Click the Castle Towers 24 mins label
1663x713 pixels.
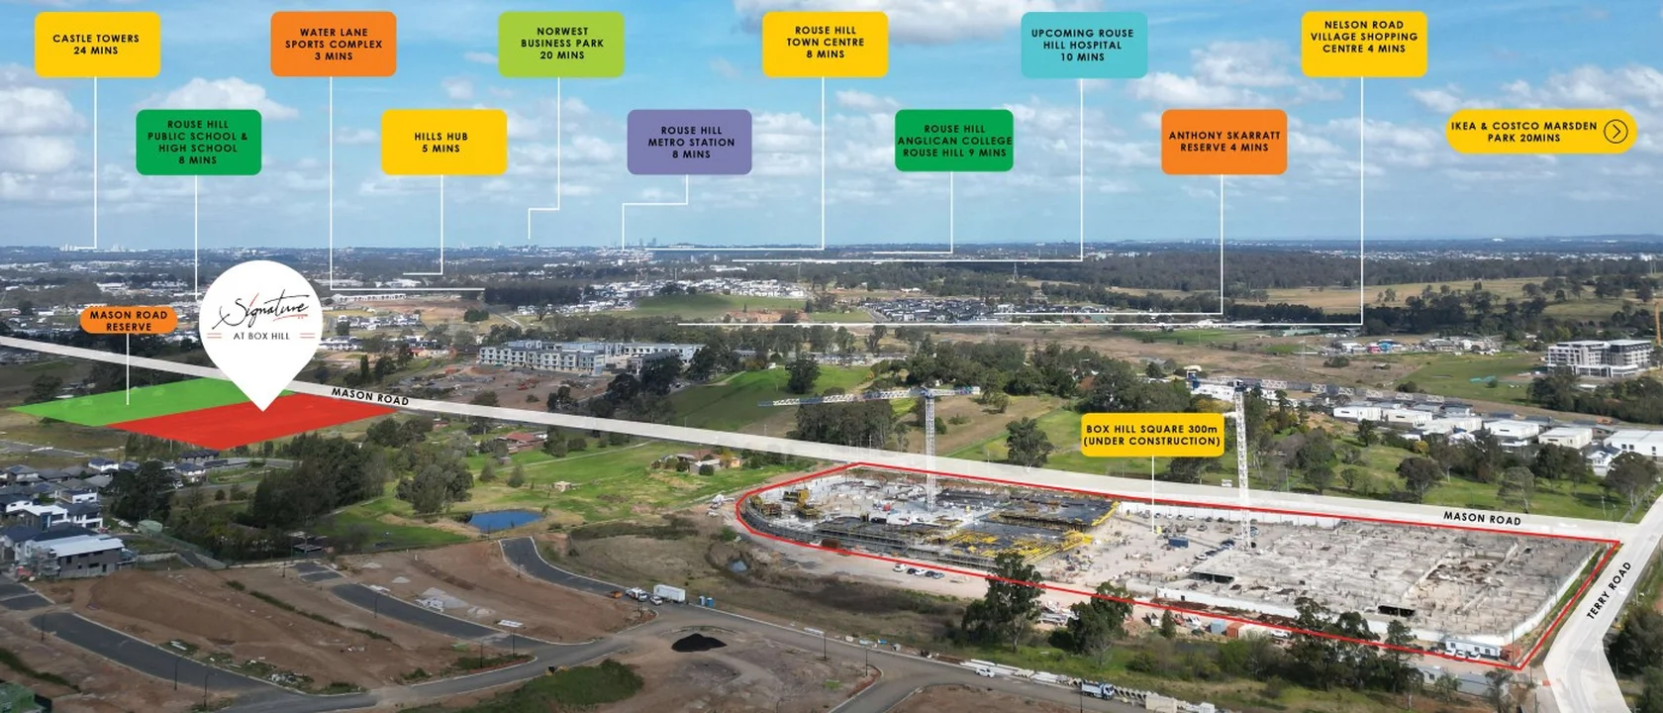click(x=97, y=45)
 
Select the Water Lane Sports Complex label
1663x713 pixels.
click(x=334, y=45)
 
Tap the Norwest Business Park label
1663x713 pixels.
click(x=561, y=45)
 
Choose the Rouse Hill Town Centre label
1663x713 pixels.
click(x=825, y=44)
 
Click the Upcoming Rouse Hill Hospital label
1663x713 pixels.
click(x=1083, y=46)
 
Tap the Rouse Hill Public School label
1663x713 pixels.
click(x=198, y=143)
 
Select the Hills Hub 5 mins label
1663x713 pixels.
click(x=443, y=143)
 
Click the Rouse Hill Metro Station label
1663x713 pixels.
click(x=690, y=143)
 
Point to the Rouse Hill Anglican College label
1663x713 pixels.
click(x=953, y=141)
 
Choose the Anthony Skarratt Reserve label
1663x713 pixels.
click(x=1223, y=142)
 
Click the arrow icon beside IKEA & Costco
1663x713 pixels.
click(x=1615, y=132)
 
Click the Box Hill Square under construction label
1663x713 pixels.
click(x=1151, y=435)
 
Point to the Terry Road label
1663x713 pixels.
click(x=1609, y=591)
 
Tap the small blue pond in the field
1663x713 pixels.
click(x=505, y=520)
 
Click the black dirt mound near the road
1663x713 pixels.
click(x=699, y=642)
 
